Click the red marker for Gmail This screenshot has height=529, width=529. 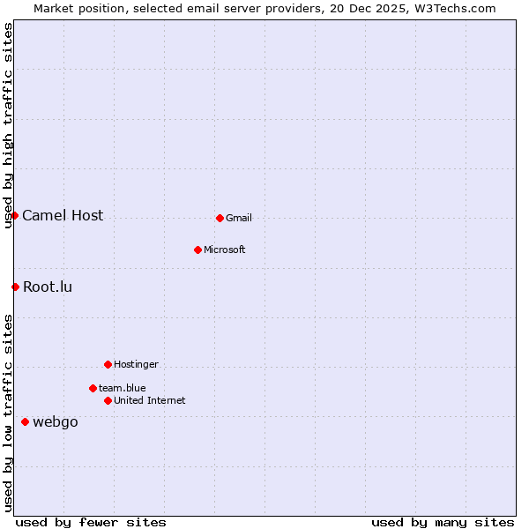pyautogui.click(x=220, y=218)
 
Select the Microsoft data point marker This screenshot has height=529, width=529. pyautogui.click(x=197, y=250)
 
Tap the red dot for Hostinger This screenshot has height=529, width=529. pyautogui.click(x=108, y=364)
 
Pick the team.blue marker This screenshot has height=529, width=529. pyautogui.click(x=93, y=388)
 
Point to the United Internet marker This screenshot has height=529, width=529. pyautogui.click(x=108, y=400)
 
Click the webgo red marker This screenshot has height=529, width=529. pyautogui.click(x=25, y=421)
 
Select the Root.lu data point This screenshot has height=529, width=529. pyautogui.click(x=15, y=287)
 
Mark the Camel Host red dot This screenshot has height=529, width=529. pyautogui.click(x=14, y=215)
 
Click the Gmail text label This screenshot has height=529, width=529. pyautogui.click(x=239, y=219)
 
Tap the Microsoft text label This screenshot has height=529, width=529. pyautogui.click(x=225, y=250)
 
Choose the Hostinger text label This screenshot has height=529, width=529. pyautogui.click(x=137, y=365)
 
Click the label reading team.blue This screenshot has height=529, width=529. pyautogui.click(x=123, y=389)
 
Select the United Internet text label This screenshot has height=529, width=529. pyautogui.click(x=150, y=401)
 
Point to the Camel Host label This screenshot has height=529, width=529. pyautogui.click(x=63, y=216)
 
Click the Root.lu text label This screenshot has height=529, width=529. pyautogui.click(x=48, y=287)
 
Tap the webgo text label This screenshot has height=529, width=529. pyautogui.click(x=56, y=422)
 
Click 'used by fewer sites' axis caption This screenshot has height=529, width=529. pyautogui.click(x=91, y=522)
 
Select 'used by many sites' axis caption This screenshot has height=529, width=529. pyautogui.click(x=443, y=522)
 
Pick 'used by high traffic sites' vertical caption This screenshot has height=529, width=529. pyautogui.click(x=9, y=125)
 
